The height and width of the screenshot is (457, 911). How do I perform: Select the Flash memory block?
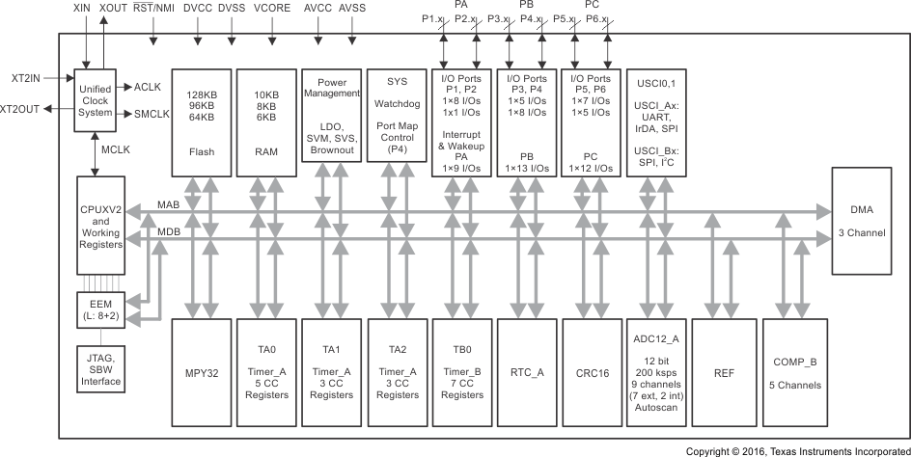(202, 121)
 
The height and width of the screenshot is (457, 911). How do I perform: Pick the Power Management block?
(330, 121)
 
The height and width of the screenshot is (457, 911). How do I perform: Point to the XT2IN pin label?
(27, 76)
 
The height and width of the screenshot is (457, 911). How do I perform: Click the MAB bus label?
(169, 204)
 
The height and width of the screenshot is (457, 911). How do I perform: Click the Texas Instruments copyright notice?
(797, 450)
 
